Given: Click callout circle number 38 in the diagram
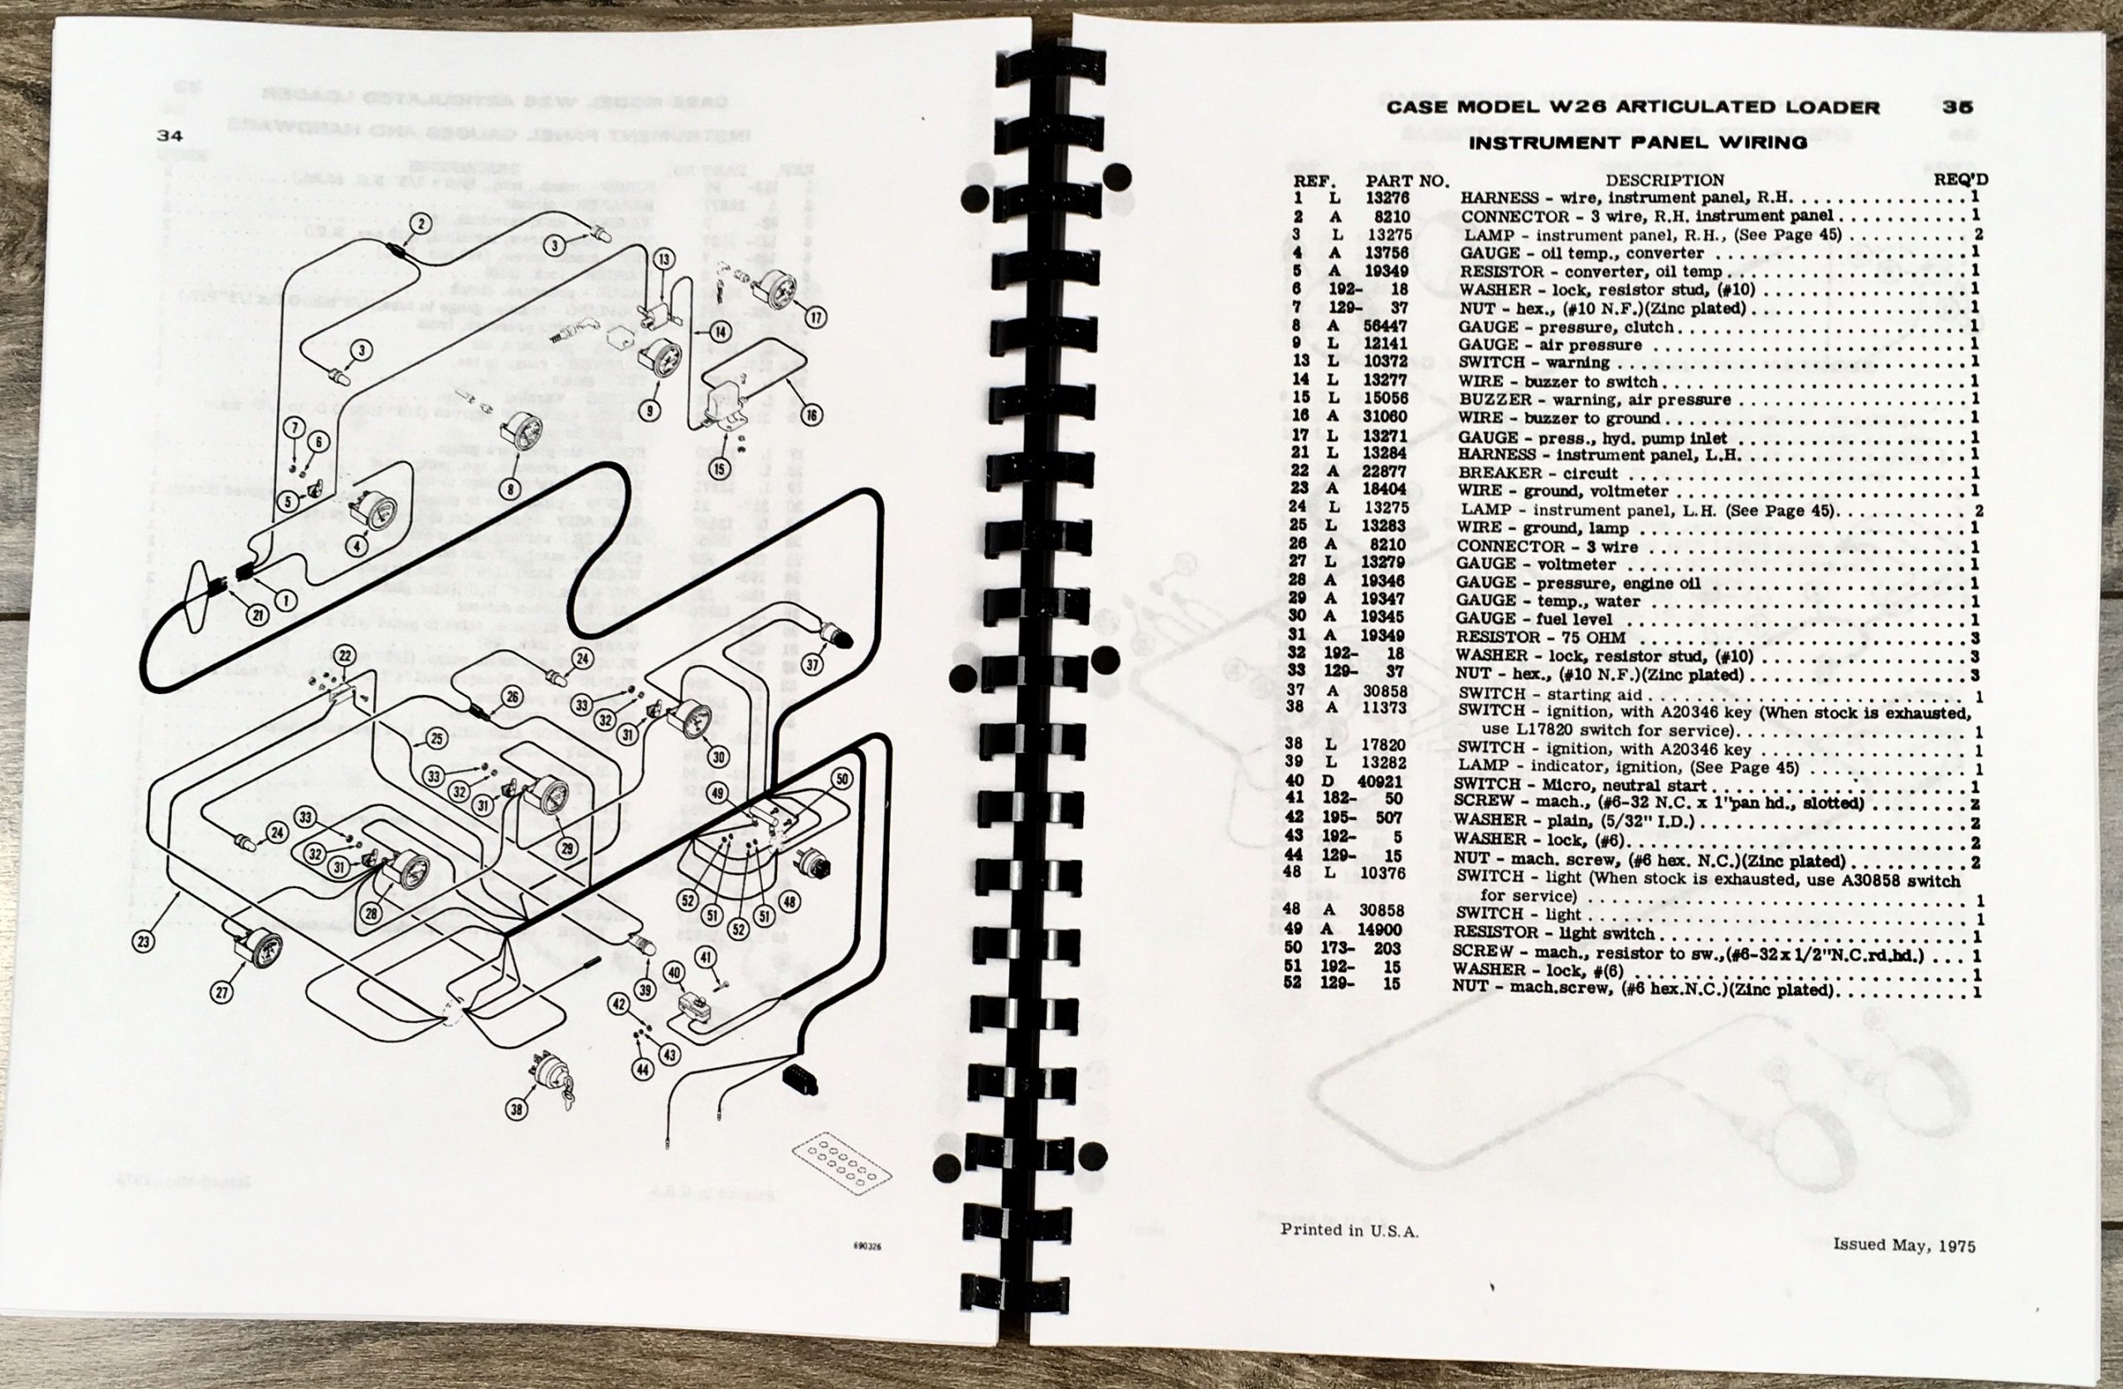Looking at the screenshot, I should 517,1109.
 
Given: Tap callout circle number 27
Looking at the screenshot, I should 222,992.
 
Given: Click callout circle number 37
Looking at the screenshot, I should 812,663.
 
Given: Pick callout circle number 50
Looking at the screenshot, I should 841,779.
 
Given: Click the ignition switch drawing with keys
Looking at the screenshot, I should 551,1072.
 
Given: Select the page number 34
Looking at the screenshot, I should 168,137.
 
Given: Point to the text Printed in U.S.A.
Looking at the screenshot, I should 1348,1231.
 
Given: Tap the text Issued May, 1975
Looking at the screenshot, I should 1903,1246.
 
